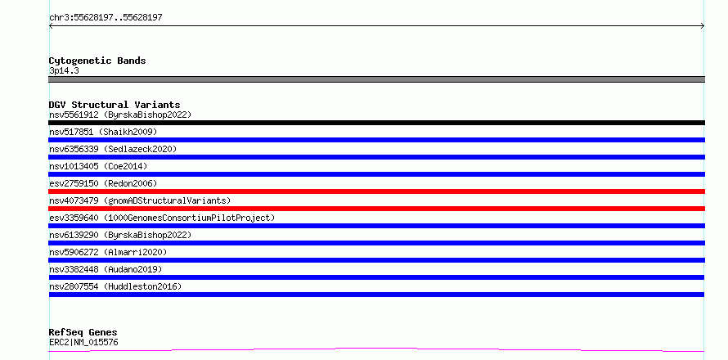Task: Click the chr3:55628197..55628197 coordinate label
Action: [106, 18]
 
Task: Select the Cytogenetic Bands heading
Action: [97, 61]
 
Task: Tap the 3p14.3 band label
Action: [64, 70]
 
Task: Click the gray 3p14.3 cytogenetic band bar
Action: [376, 79]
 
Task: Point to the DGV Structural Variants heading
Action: [115, 105]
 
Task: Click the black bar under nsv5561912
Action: [376, 123]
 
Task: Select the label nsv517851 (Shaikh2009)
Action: [103, 132]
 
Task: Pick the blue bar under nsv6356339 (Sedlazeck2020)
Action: [376, 157]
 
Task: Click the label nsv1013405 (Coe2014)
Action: [98, 166]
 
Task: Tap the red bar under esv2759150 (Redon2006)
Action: [376, 191]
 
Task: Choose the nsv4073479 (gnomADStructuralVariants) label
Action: [140, 200]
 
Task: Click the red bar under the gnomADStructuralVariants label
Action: [376, 209]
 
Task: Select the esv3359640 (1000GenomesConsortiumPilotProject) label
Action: [162, 218]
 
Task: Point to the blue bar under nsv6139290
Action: [376, 243]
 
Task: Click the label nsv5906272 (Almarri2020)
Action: [108, 252]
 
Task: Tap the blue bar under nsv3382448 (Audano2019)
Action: [376, 277]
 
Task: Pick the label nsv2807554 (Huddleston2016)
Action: [115, 286]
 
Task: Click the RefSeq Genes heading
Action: [83, 332]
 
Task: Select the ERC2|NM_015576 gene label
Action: [83, 342]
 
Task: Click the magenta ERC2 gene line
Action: [376, 349]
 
